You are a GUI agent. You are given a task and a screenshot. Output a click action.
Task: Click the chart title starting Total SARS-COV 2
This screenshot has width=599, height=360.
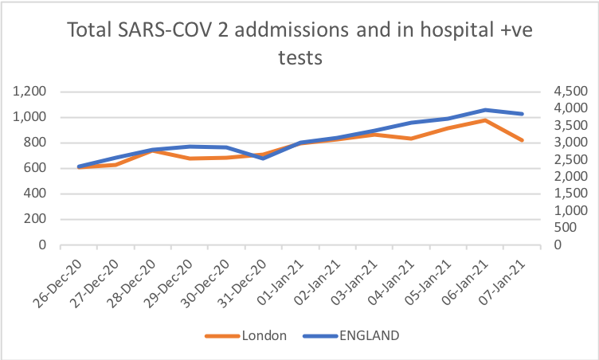click(x=299, y=31)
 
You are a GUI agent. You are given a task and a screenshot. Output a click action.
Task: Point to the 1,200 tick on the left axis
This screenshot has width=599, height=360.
click(x=30, y=92)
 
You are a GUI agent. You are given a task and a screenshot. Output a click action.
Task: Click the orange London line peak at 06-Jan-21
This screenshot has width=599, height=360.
click(x=484, y=120)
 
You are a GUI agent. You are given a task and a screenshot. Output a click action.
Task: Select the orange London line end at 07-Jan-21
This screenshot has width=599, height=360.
click(x=523, y=140)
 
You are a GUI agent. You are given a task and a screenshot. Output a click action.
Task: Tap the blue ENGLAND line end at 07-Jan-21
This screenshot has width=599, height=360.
click(x=523, y=114)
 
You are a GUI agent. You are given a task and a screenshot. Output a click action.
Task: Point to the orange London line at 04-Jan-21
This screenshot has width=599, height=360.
click(x=409, y=139)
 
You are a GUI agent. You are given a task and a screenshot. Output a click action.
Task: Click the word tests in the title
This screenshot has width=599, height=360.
click(x=299, y=59)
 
